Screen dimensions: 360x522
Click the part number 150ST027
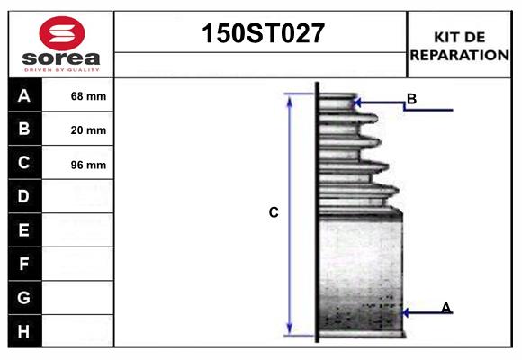(261, 34)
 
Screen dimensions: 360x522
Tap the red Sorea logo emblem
(60, 33)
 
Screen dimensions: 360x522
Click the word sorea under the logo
(60, 58)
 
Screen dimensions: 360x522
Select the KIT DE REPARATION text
(459, 46)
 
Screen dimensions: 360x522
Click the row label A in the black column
(24, 95)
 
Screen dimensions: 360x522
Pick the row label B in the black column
(24, 129)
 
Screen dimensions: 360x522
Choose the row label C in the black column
(24, 163)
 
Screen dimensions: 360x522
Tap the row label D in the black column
(24, 196)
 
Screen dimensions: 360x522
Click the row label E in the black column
(24, 230)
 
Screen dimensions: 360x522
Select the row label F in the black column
(24, 264)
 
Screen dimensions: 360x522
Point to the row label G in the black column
(24, 297)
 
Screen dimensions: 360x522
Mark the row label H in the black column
(24, 331)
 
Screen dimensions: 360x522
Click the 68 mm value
(88, 96)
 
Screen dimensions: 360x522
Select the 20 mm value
(88, 130)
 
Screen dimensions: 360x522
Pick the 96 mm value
(88, 165)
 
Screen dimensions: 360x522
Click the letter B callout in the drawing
(411, 98)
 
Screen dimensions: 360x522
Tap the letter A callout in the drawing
(445, 308)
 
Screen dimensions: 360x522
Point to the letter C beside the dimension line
(274, 213)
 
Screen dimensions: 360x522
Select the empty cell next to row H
(78, 331)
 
